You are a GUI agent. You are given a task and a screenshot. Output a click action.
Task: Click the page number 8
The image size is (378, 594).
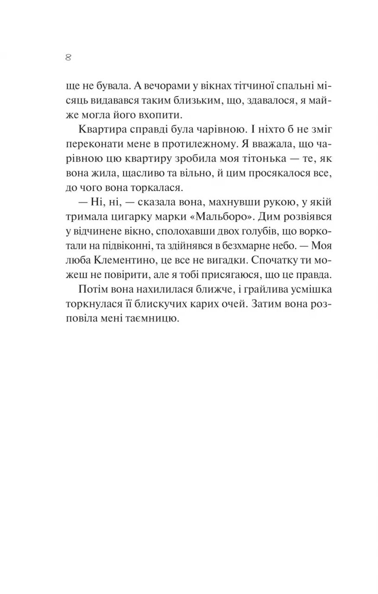tap(68, 58)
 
